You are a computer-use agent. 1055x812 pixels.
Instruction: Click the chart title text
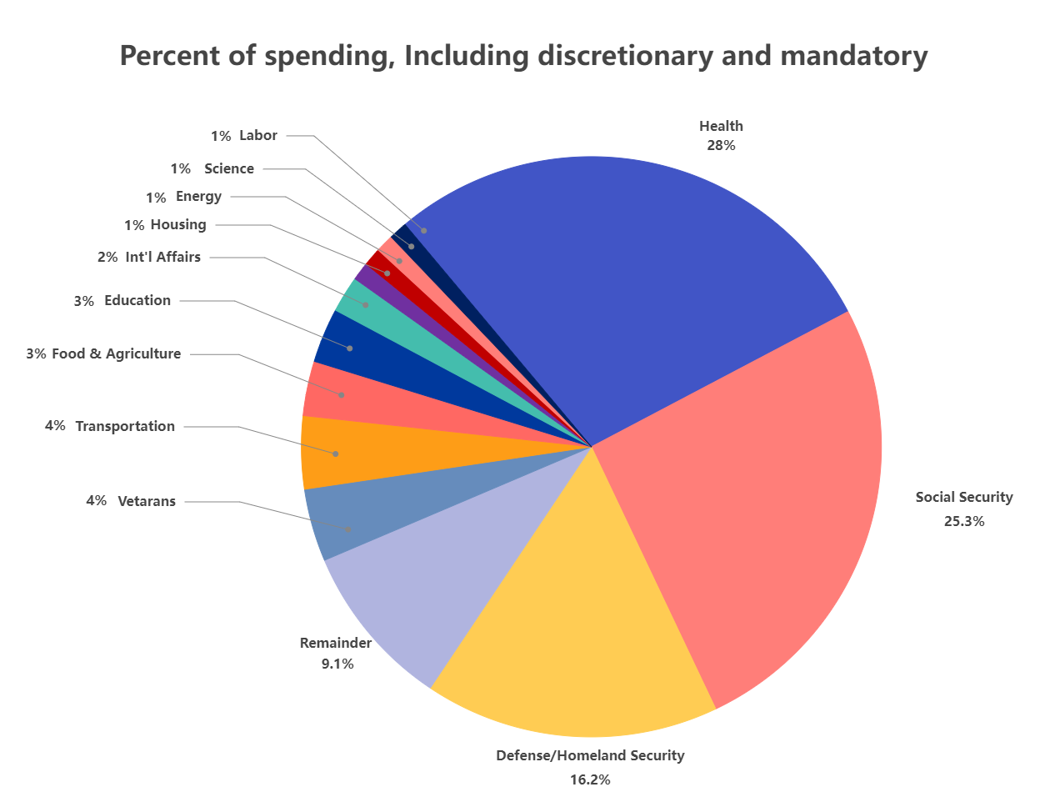pos(523,56)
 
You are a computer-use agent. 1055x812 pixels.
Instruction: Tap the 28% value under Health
pos(721,146)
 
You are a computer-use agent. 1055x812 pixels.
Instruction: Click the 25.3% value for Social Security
pos(964,522)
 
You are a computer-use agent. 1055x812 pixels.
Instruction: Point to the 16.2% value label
pos(590,780)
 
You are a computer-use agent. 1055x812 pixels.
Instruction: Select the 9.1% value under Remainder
pos(337,664)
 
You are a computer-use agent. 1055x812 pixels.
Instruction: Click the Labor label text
pos(258,136)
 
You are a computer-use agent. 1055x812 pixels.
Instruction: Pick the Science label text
pos(229,169)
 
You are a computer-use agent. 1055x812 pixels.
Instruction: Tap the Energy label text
pos(198,197)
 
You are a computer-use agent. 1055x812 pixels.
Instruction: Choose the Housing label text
pos(178,225)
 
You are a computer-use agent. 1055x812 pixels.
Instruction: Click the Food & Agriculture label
pos(116,354)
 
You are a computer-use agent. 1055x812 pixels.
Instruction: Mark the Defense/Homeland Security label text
pos(590,756)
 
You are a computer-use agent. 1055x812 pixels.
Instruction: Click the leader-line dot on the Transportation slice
pos(336,454)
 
